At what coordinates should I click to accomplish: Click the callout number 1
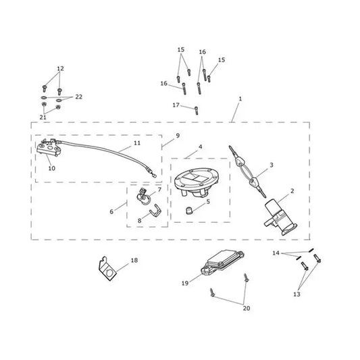pos(240,99)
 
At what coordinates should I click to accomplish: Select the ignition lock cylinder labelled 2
pos(280,217)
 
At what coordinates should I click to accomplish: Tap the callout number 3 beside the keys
pos(272,165)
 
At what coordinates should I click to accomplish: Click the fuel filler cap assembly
pos(197,182)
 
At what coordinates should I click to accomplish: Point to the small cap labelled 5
pos(188,210)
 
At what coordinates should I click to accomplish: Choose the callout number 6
pos(111,211)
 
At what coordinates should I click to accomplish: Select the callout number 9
pos(178,136)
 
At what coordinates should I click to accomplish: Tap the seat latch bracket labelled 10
pos(49,149)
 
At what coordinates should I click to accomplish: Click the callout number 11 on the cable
pos(137,143)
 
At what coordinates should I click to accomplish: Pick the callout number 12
pos(60,68)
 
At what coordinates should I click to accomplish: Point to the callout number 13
pos(297,294)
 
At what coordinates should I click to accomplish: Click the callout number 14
pos(276,253)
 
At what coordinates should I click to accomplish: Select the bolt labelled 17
pos(197,111)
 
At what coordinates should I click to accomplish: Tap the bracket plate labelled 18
pos(107,269)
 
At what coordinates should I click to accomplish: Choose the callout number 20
pos(247,308)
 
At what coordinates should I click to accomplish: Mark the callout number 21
pos(43,118)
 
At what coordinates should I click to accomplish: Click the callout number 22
pos(79,97)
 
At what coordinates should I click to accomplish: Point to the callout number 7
pos(159,190)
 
